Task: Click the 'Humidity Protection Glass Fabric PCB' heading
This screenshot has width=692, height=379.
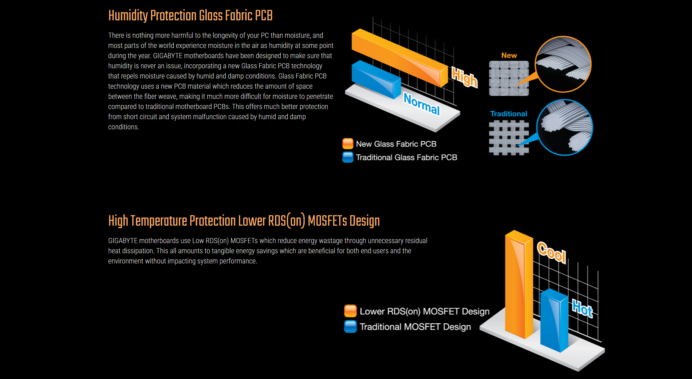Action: (x=190, y=16)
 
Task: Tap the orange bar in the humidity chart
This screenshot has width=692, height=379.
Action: (x=400, y=58)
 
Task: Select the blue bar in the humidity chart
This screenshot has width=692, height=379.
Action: (x=376, y=80)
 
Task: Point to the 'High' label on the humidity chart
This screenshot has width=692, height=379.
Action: (x=464, y=77)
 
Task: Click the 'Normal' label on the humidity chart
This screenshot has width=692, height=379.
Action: (x=422, y=104)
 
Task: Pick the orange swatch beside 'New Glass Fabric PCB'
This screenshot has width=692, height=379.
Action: (x=348, y=144)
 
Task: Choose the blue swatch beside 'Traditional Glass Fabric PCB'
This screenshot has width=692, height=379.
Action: (x=348, y=157)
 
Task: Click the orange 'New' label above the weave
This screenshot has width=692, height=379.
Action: (x=509, y=56)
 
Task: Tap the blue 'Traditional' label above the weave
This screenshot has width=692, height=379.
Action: (x=509, y=114)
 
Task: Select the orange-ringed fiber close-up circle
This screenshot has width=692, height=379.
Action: (x=563, y=64)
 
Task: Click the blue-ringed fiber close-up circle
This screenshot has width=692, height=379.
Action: (x=565, y=128)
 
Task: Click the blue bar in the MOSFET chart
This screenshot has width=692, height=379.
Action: (x=554, y=320)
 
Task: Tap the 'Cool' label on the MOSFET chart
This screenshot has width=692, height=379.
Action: (x=552, y=252)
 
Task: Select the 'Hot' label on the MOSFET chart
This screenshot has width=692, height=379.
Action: (x=583, y=309)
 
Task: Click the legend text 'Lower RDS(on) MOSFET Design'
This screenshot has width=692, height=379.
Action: (x=424, y=311)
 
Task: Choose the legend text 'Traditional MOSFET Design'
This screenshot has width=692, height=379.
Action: (x=415, y=327)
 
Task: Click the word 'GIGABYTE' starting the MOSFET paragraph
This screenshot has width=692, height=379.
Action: (x=123, y=241)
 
